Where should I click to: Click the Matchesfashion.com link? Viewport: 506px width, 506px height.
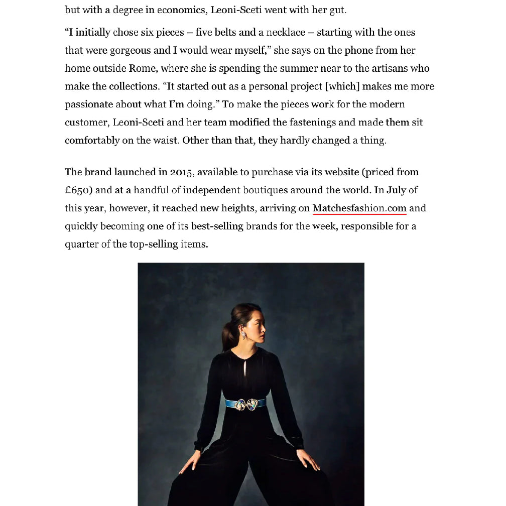(x=359, y=208)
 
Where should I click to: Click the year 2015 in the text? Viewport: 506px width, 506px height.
(x=181, y=172)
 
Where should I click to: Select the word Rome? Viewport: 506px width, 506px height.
(x=143, y=69)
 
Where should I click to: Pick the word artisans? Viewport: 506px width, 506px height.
(x=390, y=69)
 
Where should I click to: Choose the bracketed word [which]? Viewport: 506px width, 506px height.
(x=342, y=87)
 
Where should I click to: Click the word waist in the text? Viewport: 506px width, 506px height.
(x=164, y=141)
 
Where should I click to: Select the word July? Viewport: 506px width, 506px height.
(x=396, y=190)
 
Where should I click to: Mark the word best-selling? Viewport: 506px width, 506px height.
(x=217, y=226)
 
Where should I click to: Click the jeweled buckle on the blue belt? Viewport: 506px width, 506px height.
(x=246, y=403)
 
